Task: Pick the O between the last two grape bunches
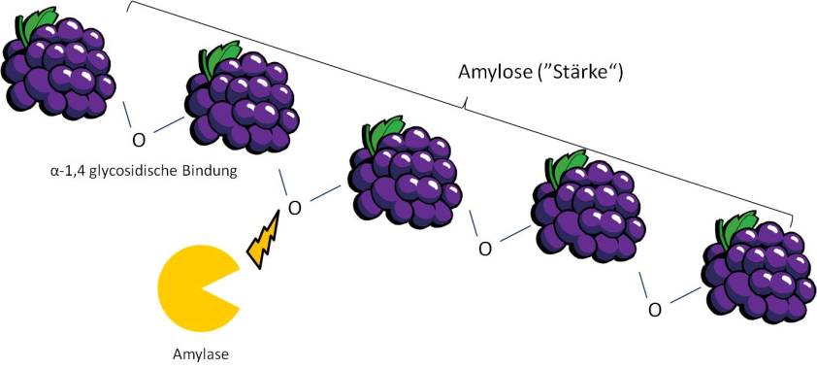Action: [x=655, y=309]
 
